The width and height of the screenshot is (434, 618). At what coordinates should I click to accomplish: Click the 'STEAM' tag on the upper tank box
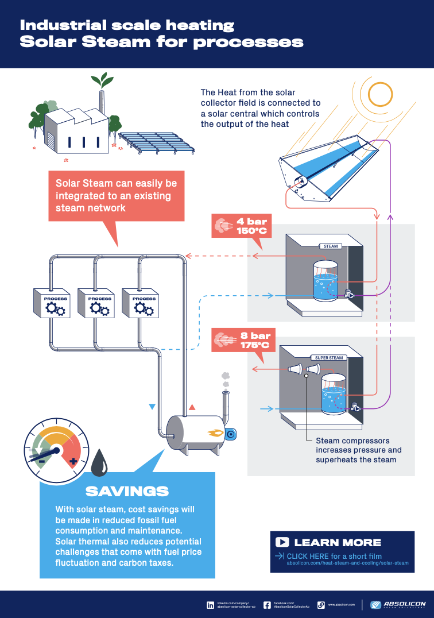pyautogui.click(x=331, y=246)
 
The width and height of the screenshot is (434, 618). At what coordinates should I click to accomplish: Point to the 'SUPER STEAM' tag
pyautogui.click(x=329, y=357)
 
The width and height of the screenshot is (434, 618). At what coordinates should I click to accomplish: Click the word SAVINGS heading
pyautogui.click(x=127, y=491)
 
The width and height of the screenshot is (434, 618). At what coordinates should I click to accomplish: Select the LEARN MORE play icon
pyautogui.click(x=282, y=542)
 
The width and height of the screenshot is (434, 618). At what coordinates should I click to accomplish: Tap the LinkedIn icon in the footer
pyautogui.click(x=210, y=605)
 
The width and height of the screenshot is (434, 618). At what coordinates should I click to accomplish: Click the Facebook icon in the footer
pyautogui.click(x=267, y=605)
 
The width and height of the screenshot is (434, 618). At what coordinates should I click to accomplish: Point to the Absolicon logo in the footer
pyautogui.click(x=397, y=605)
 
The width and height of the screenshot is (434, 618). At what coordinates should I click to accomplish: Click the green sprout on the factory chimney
pyautogui.click(x=102, y=79)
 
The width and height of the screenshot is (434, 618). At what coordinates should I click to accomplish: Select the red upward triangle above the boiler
pyautogui.click(x=192, y=407)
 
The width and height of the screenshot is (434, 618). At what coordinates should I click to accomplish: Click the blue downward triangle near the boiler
pyautogui.click(x=152, y=407)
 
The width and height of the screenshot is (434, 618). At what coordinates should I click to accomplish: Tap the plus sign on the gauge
pyautogui.click(x=73, y=461)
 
